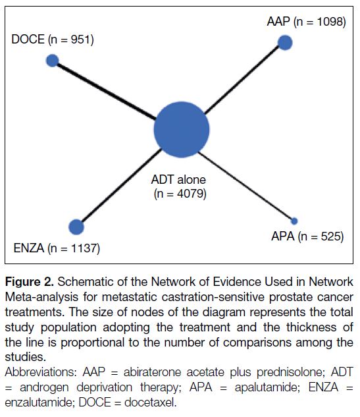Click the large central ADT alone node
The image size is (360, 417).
pyautogui.click(x=182, y=130)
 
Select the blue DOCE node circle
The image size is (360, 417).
pyautogui.click(x=53, y=61)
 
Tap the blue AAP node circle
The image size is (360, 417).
pyautogui.click(x=285, y=43)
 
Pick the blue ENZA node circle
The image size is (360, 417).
pyautogui.click(x=76, y=227)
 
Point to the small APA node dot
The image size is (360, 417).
pyautogui.click(x=294, y=221)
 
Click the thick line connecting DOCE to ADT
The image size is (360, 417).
pyautogui.click(x=106, y=91)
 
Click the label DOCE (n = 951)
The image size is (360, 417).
pyautogui.click(x=53, y=40)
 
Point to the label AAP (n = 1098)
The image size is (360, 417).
pyautogui.click(x=306, y=22)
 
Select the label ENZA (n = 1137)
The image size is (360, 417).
pyautogui.click(x=57, y=248)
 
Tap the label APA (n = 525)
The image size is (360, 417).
pyautogui.click(x=307, y=236)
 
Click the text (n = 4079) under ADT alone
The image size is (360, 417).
pyautogui.click(x=180, y=194)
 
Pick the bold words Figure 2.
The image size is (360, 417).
pyautogui.click(x=30, y=282)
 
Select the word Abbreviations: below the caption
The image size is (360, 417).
pyautogui.click(x=41, y=372)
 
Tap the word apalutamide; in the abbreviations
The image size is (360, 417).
pyautogui.click(x=267, y=387)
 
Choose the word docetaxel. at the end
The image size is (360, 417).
pyautogui.click(x=151, y=403)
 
